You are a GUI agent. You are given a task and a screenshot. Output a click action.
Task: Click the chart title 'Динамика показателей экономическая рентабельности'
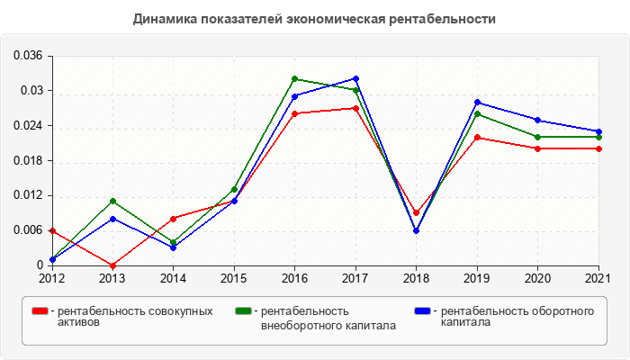[x=314, y=18]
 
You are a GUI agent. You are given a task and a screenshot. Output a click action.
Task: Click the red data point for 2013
[x=112, y=265]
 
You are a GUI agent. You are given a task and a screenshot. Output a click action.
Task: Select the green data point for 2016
[x=294, y=79]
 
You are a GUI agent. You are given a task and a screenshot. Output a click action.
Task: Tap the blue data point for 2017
[x=355, y=79]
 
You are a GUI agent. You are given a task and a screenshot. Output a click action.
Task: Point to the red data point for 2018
[x=416, y=213]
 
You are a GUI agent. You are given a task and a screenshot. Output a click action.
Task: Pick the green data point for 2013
[x=112, y=202]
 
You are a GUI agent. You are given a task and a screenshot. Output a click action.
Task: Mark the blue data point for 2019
[x=477, y=103]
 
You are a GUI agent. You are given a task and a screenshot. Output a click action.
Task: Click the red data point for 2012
[x=51, y=231]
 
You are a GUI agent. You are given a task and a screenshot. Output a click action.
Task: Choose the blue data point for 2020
[x=537, y=120]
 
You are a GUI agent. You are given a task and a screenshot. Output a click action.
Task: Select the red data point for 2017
[x=355, y=108]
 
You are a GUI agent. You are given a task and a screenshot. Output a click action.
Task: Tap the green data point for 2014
[x=173, y=242]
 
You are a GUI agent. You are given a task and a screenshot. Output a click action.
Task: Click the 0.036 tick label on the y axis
[x=28, y=56]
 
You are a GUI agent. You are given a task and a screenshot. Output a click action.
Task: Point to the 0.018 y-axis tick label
[x=28, y=161]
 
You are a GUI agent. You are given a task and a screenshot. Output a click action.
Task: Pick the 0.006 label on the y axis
[x=28, y=231]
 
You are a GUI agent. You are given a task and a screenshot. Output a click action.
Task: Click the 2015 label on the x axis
[x=234, y=278]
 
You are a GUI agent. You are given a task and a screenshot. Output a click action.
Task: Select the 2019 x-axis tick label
[x=477, y=278]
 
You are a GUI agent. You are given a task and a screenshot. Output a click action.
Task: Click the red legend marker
[x=40, y=311]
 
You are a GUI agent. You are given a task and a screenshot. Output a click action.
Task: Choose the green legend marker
[x=243, y=311]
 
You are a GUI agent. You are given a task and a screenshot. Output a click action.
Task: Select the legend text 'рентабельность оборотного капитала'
[x=517, y=316]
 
